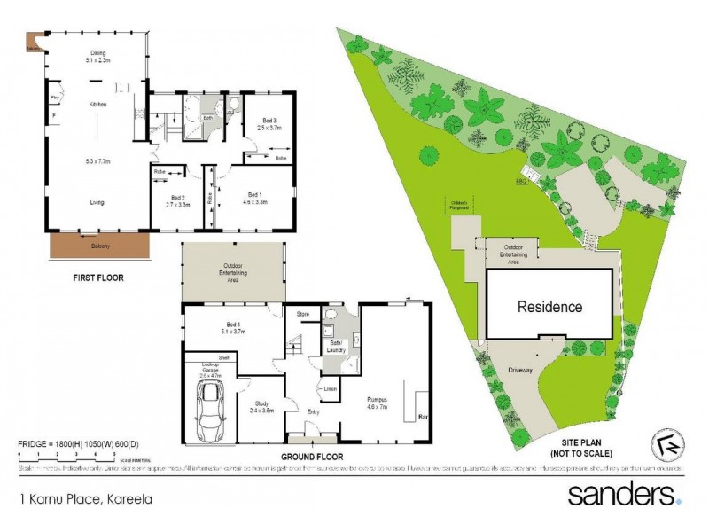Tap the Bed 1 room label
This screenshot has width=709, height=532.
254,198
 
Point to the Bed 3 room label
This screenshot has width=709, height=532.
269,124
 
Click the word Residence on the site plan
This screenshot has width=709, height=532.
549,308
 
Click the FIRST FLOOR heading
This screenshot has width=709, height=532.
97,278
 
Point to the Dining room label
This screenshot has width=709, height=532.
97,56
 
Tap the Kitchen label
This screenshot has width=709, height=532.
97,105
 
